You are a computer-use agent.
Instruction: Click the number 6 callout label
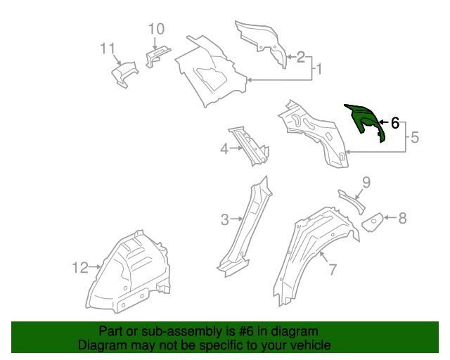[x=394, y=123]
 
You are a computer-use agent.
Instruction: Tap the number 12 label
[x=80, y=267]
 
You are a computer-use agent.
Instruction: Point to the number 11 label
[x=107, y=49]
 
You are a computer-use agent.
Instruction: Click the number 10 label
[x=156, y=29]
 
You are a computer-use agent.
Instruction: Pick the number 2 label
[x=300, y=57]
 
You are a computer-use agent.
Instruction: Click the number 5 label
[x=414, y=138]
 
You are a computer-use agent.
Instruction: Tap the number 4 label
[x=224, y=148]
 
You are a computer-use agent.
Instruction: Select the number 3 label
[x=224, y=219]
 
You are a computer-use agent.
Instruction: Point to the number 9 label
[x=366, y=184]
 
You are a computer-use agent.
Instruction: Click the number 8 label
[x=402, y=219]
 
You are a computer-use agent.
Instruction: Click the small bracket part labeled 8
[x=372, y=222]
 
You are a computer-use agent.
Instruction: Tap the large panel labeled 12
[x=130, y=271]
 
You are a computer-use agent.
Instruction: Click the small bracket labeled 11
[x=124, y=74]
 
